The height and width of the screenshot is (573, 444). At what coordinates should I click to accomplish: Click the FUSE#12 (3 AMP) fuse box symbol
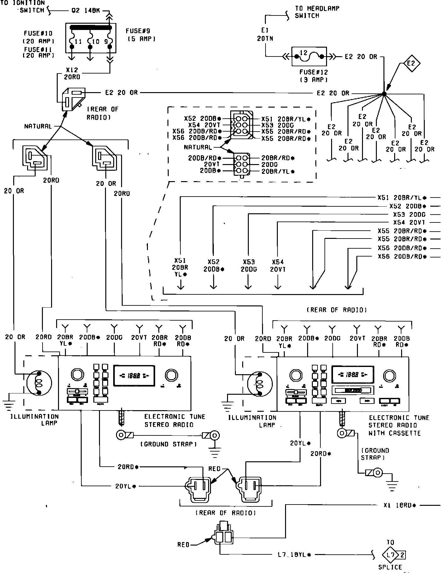coord(309,57)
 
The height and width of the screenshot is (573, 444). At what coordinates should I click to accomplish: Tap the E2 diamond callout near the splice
coord(411,63)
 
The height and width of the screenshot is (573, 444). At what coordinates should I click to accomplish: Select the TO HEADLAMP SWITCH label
coord(317,12)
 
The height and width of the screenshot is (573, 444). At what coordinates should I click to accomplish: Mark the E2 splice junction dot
coord(384,94)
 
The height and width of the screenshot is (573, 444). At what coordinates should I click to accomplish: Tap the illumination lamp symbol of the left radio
coord(39,383)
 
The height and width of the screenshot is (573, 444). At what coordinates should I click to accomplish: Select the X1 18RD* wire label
coord(400,505)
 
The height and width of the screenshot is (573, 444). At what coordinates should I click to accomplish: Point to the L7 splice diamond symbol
coord(390,554)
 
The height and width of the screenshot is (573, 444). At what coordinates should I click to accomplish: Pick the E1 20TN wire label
coord(265,34)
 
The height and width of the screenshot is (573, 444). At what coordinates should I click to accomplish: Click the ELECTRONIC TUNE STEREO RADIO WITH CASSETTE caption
coord(399,425)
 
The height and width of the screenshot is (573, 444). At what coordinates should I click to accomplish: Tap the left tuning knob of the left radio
coord(77,374)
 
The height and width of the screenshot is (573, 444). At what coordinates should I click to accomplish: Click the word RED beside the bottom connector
coord(183,545)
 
